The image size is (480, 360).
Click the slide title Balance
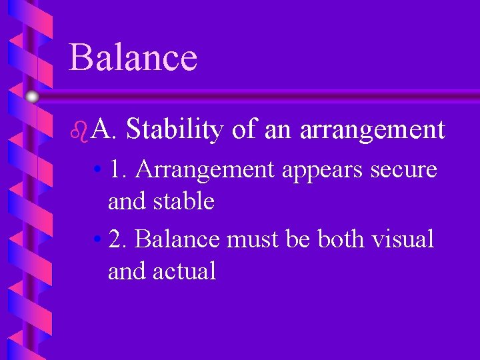(x=133, y=57)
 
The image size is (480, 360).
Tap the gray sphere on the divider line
(x=32, y=97)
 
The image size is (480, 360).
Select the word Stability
(x=174, y=129)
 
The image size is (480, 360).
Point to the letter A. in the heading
(x=105, y=129)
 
